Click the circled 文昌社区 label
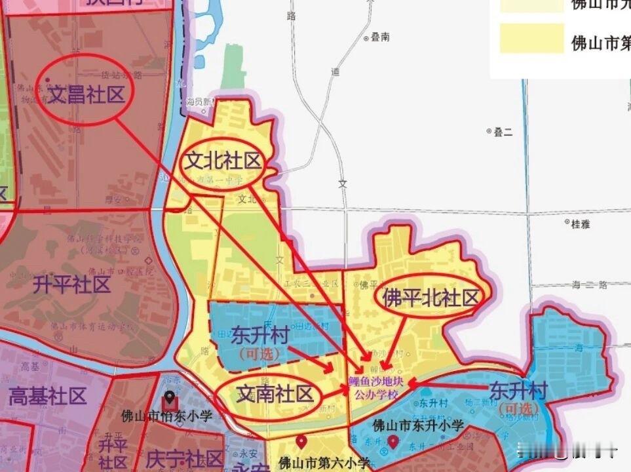click(x=86, y=95)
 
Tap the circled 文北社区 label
click(x=222, y=163)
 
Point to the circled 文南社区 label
click(x=275, y=395)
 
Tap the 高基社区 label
click(x=47, y=396)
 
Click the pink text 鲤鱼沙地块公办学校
click(x=376, y=389)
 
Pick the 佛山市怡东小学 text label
click(x=167, y=416)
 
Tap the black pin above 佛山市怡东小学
click(x=169, y=398)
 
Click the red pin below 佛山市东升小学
click(x=392, y=442)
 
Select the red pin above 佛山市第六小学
click(x=301, y=442)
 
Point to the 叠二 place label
click(x=503, y=132)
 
